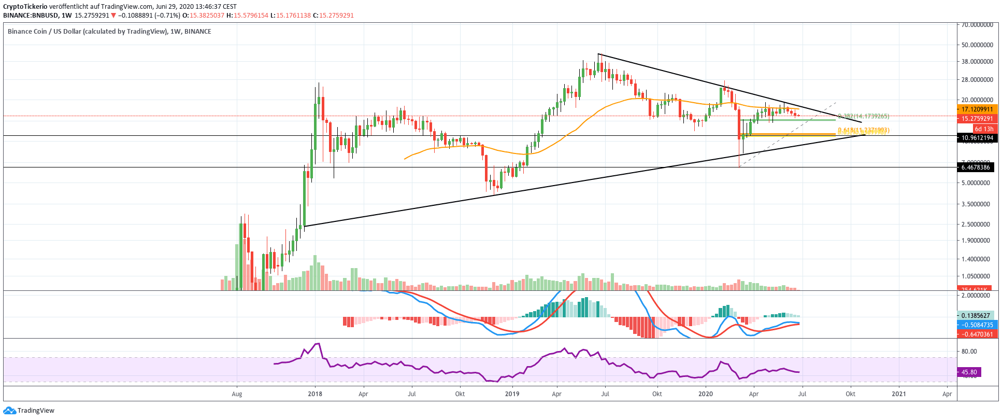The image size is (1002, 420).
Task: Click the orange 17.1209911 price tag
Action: pos(977,109)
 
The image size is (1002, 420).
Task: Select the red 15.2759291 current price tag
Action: pos(977,119)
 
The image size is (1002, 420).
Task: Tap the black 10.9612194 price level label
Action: pos(977,138)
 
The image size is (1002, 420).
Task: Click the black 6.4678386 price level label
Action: pos(976,167)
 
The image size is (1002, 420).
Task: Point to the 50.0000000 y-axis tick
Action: pos(977,45)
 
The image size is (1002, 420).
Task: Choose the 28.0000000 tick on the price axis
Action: pos(977,80)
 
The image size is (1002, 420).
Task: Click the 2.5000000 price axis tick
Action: pos(976,225)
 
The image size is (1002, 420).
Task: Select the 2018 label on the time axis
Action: pos(314,394)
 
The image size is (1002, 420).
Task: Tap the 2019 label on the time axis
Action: pos(512,394)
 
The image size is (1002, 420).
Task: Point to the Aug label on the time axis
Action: pos(237,394)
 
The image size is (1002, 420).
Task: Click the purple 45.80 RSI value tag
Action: pos(969,372)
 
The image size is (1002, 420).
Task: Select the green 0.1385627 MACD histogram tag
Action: pos(976,316)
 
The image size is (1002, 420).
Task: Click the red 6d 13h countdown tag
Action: pos(984,129)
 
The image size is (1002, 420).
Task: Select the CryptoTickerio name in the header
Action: pos(25,7)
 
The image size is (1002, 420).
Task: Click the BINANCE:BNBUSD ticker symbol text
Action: pos(30,16)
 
